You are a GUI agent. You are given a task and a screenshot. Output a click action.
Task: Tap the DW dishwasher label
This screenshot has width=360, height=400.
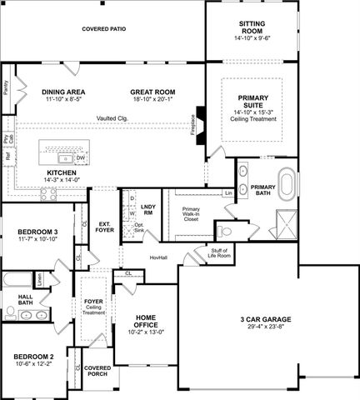click(x=80, y=157)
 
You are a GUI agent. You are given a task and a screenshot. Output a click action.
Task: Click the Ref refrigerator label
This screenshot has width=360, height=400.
click(x=7, y=155)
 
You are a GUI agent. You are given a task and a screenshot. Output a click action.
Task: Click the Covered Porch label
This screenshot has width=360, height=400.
click(x=97, y=371)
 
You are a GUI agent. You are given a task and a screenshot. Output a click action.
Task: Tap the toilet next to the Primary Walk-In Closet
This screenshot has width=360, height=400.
click(x=225, y=231)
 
